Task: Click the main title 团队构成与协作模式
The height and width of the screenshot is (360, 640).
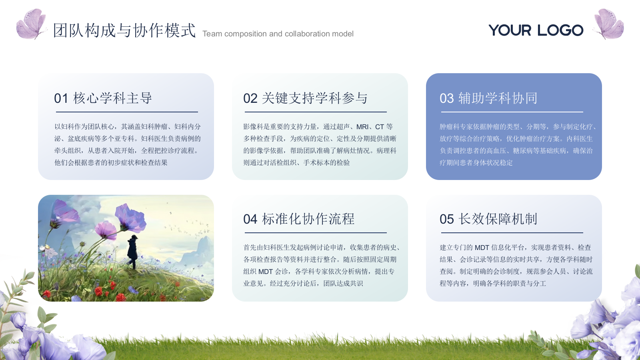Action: (x=124, y=30)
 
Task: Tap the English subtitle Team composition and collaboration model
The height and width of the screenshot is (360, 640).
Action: (x=278, y=34)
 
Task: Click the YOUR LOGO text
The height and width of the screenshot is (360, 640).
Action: (x=536, y=30)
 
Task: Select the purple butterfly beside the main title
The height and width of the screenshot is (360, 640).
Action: (x=31, y=24)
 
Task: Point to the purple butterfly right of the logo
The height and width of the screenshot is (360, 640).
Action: (x=608, y=24)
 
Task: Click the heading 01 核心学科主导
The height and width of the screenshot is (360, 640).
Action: (x=103, y=98)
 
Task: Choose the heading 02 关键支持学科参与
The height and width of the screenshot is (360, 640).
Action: (x=305, y=98)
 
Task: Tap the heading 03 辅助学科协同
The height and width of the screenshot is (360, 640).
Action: (x=488, y=98)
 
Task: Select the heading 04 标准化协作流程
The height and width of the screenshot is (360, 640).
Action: (x=299, y=219)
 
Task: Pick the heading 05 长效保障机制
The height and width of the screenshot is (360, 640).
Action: (x=488, y=219)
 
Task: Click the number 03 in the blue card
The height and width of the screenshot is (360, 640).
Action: (x=446, y=98)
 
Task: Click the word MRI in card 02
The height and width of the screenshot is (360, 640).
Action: (x=362, y=127)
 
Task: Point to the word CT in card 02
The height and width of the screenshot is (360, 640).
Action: (x=379, y=127)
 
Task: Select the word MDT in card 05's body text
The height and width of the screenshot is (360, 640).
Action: (x=482, y=248)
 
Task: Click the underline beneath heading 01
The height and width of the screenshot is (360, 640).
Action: (x=126, y=112)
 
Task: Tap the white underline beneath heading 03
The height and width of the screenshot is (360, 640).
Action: (x=511, y=112)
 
